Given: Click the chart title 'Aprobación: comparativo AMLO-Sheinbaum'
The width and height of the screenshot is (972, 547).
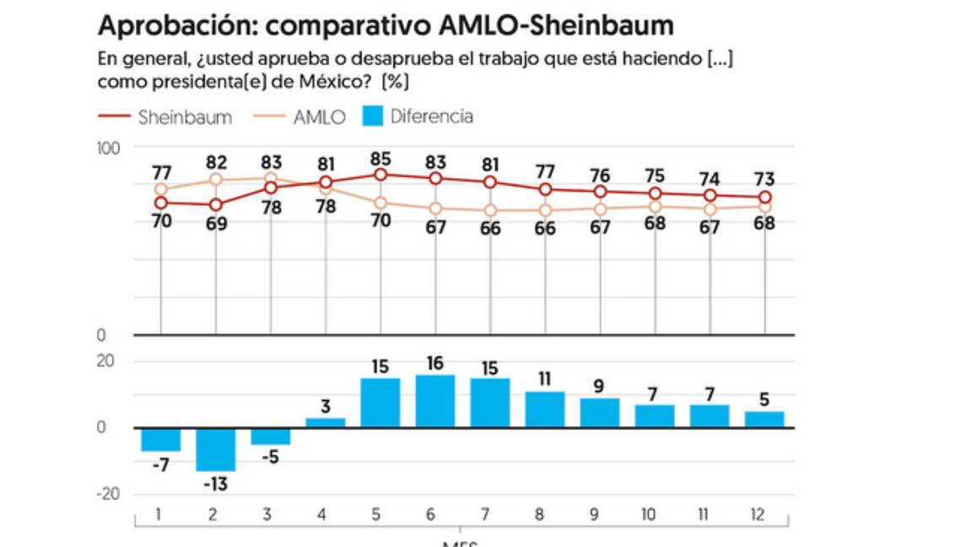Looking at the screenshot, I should (386, 25).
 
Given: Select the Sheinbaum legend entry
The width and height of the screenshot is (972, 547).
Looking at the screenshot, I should (185, 117).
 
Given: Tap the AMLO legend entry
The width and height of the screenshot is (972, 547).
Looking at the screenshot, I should (319, 117).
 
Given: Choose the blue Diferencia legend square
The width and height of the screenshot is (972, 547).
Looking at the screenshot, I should (373, 116).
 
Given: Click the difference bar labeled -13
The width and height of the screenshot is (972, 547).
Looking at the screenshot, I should (216, 449).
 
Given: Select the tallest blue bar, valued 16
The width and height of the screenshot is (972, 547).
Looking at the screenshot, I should (435, 401).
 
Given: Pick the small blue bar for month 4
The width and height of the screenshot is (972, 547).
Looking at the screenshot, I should (326, 422).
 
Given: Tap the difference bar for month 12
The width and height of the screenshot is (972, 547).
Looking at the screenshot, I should (764, 419).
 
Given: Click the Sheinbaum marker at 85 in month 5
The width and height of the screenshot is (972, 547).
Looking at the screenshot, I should (381, 175).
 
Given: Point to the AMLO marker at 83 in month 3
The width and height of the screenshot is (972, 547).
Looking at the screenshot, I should (271, 178).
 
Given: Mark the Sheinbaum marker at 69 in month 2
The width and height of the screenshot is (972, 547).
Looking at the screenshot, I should (216, 204).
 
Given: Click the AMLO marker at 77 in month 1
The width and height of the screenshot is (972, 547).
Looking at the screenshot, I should (161, 189).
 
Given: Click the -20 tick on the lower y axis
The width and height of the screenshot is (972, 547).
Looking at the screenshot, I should (108, 495).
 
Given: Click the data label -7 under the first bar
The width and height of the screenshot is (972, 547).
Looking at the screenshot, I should (160, 465).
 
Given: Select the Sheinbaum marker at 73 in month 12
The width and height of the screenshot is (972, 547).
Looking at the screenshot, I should (764, 197).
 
